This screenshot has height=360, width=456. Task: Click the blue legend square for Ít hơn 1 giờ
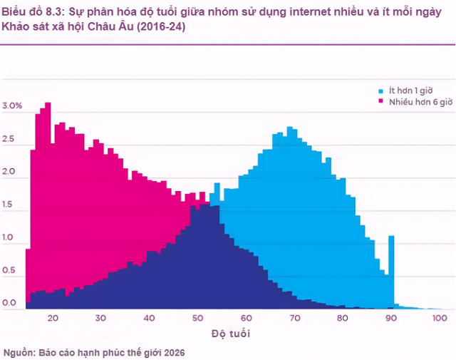coord(381,91)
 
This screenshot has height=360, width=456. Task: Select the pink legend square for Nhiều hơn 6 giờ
coord(381,102)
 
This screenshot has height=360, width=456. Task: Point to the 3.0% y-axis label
coord(13,106)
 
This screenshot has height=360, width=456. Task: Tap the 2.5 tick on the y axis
coord(10,140)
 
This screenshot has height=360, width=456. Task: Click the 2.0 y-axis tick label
coord(10,173)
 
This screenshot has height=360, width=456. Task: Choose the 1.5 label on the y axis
coord(10,205)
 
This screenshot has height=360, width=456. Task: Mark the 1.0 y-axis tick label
coord(10,238)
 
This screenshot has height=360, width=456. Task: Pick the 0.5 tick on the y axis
coord(10,271)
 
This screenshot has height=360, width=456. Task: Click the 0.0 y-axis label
coord(10,304)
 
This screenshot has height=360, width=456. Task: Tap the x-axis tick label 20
coord(52,318)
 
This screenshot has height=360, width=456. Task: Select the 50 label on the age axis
coord(197,318)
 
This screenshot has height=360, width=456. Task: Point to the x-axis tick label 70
coord(294,318)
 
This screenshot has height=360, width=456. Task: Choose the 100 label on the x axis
coord(439,318)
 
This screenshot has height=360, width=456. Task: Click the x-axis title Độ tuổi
coord(232,334)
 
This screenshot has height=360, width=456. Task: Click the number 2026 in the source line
coord(175,352)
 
